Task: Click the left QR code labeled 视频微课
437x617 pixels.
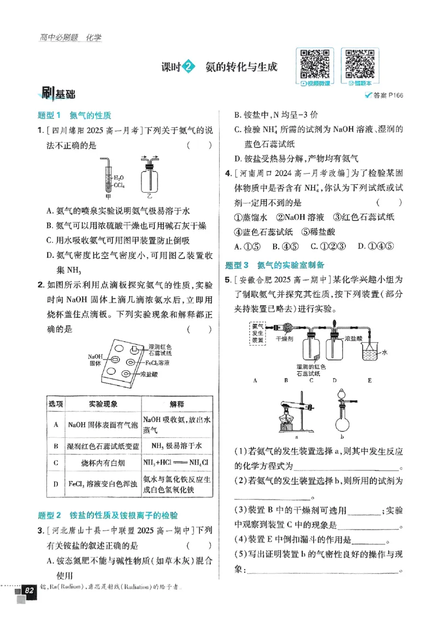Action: click(x=315, y=63)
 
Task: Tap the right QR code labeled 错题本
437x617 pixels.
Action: click(x=361, y=63)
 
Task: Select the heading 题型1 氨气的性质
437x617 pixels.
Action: click(x=74, y=116)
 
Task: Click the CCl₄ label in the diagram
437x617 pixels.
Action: click(x=120, y=186)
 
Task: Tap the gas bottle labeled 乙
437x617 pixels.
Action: click(x=150, y=176)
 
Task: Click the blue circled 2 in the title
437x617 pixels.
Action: click(x=188, y=67)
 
